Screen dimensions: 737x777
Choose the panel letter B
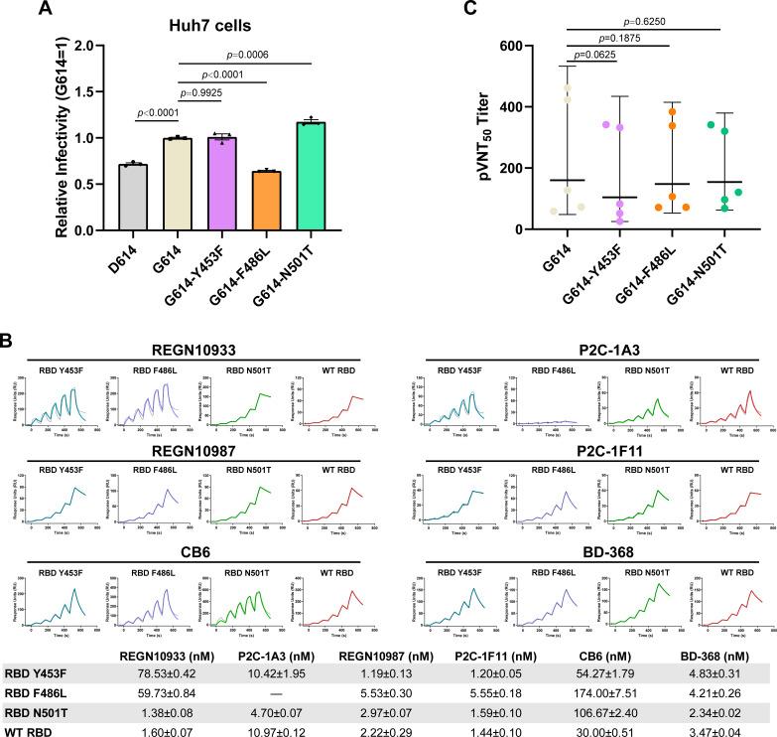pyautogui.click(x=9, y=338)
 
